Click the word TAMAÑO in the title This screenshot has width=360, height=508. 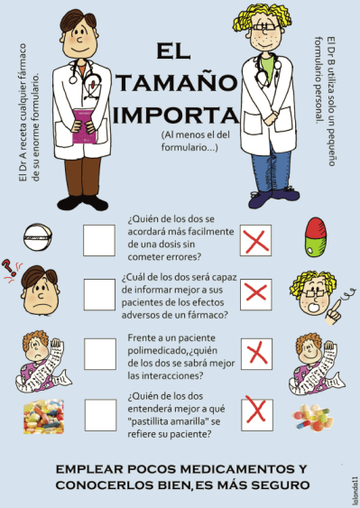click(177, 83)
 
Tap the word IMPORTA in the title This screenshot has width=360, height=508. click(176, 115)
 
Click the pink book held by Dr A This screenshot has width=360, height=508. click(84, 126)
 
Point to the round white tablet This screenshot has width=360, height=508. click(38, 236)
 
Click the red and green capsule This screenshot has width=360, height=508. click(316, 236)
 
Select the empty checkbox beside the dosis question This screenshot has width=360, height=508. click(99, 240)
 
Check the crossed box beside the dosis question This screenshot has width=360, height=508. click(256, 240)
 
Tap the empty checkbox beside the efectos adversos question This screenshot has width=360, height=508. click(100, 294)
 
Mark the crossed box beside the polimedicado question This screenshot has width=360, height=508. click(256, 354)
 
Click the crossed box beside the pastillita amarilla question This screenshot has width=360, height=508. click(257, 414)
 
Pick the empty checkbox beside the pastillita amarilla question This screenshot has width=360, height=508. click(100, 415)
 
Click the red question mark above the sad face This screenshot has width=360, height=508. click(8, 267)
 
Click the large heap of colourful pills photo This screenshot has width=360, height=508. click(43, 416)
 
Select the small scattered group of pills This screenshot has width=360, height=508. click(313, 417)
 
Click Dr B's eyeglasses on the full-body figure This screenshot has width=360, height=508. click(265, 27)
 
